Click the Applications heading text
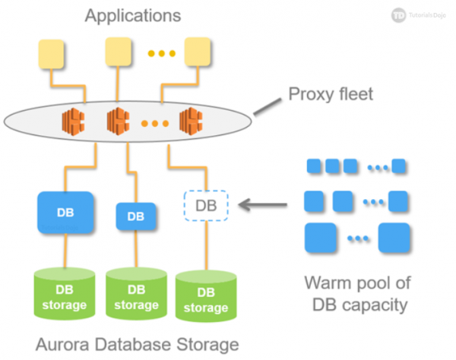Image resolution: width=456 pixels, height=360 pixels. click(133, 16)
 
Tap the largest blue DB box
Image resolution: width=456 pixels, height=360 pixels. click(65, 213)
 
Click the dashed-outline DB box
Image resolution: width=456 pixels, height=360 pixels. click(206, 205)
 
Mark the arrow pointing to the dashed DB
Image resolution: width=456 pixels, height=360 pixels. click(263, 204)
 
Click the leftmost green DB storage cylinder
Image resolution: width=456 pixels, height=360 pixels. click(65, 293)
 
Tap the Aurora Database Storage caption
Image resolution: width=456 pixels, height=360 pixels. click(137, 343)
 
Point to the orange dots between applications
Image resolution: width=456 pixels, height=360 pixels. click(161, 53)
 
